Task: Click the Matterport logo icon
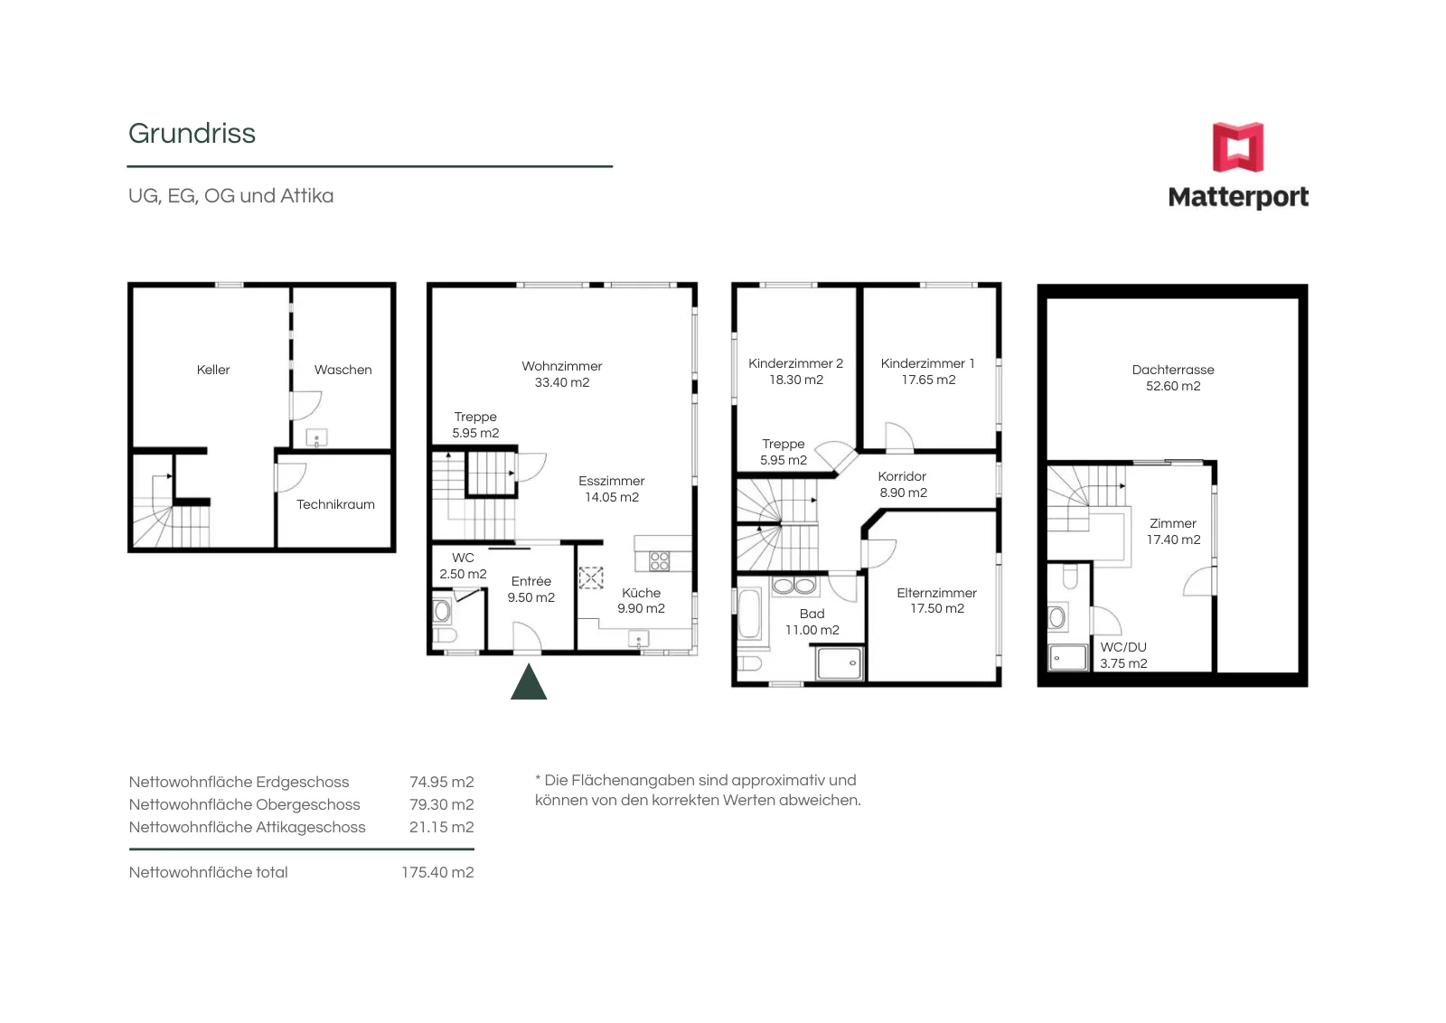click(x=1237, y=147)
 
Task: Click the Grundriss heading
click(x=192, y=134)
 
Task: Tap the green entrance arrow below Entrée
click(x=529, y=681)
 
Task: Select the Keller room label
click(x=213, y=370)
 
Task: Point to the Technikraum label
click(x=335, y=504)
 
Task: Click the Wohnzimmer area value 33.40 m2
click(x=561, y=383)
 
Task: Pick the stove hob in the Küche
click(x=659, y=561)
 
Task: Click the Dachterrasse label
click(x=1173, y=370)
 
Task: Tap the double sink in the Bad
click(x=794, y=586)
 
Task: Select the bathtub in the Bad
click(x=749, y=613)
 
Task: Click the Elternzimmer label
click(x=936, y=593)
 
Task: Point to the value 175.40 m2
click(x=437, y=873)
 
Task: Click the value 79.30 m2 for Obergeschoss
click(x=442, y=805)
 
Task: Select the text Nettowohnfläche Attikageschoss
click(x=248, y=828)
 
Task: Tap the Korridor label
click(x=902, y=476)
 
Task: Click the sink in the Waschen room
click(x=316, y=438)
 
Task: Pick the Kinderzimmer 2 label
click(x=795, y=363)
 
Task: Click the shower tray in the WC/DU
click(x=1067, y=658)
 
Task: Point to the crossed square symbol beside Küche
click(x=591, y=577)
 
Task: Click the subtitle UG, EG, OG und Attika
click(x=231, y=196)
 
